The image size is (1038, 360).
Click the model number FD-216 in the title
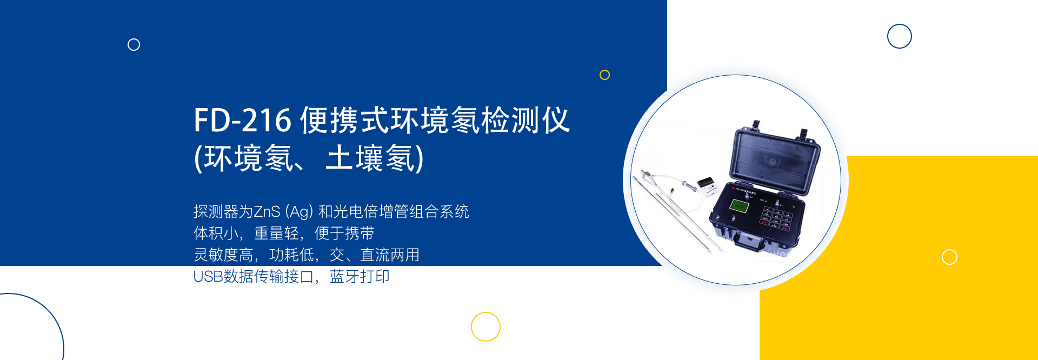tap(243, 120)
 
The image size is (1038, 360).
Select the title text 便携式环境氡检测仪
tap(435, 120)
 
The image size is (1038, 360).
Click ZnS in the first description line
tap(267, 211)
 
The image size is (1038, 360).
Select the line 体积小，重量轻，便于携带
tap(284, 234)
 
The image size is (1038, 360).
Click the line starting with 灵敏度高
tap(307, 255)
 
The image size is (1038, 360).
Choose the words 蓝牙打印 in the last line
tap(360, 277)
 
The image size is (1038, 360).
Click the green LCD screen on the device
tap(738, 205)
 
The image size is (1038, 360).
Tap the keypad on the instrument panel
tap(776, 215)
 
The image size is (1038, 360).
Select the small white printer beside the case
tap(708, 183)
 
